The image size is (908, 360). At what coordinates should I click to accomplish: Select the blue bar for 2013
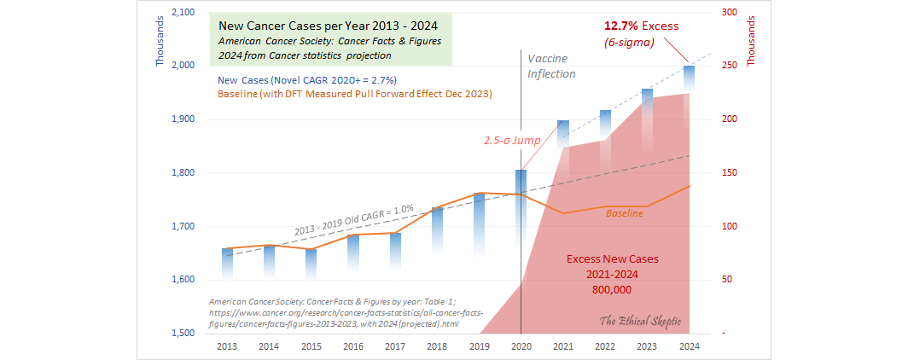(x=226, y=264)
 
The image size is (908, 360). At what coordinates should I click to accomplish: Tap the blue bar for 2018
(x=437, y=229)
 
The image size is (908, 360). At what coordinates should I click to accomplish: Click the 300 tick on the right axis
(x=705, y=12)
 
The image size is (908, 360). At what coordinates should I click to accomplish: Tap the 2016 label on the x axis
(x=352, y=346)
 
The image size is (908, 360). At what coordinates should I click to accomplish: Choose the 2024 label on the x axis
(x=689, y=346)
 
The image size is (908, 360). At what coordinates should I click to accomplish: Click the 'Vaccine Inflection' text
(x=551, y=66)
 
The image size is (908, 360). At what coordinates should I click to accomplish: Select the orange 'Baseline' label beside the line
(x=625, y=213)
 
